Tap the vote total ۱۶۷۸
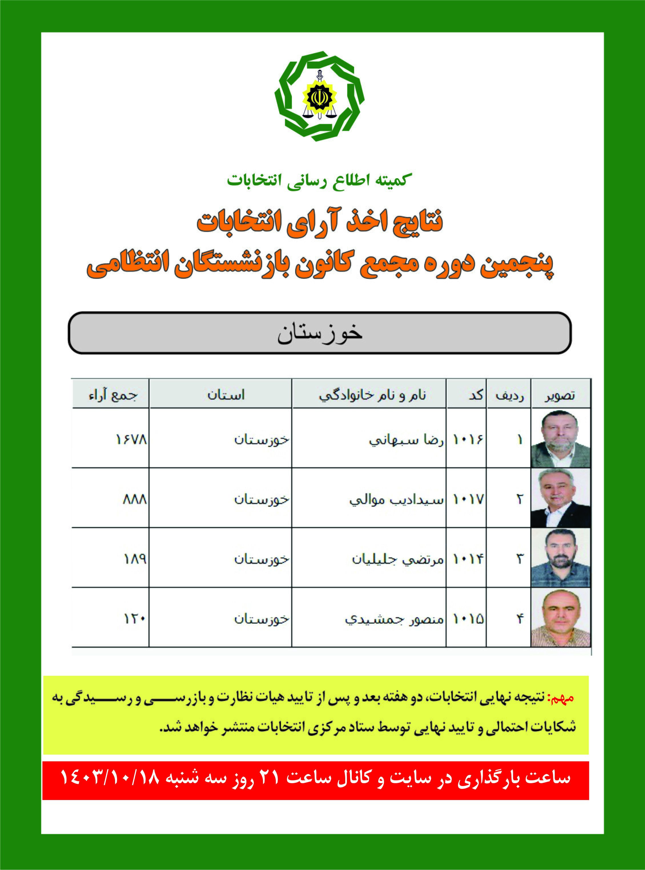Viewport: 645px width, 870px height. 131,439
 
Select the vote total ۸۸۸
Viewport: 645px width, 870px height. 135,499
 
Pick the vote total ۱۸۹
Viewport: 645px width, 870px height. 135,559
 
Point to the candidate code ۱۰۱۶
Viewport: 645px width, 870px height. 467,439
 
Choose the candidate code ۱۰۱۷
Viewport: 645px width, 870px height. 468,499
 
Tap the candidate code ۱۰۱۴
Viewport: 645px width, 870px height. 468,559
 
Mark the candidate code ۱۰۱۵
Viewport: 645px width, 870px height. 468,619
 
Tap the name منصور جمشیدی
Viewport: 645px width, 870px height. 394,619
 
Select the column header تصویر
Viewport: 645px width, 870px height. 560,396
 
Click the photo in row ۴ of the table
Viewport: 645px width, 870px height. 560,618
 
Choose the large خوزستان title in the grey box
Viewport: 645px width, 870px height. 320,333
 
